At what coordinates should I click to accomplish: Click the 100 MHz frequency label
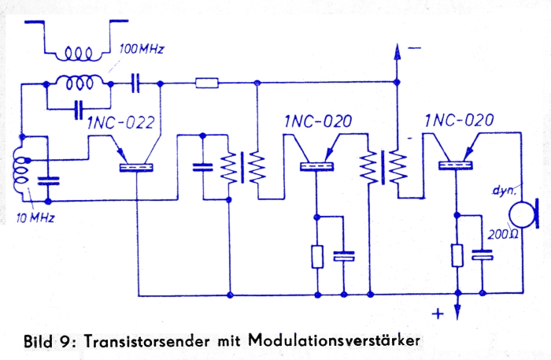point(142,49)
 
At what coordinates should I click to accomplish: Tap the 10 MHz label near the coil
point(35,218)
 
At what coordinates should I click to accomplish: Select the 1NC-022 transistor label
point(121,122)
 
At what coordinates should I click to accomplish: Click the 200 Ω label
point(503,235)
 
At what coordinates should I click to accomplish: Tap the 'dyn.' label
point(505,191)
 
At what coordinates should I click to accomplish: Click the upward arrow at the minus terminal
point(397,62)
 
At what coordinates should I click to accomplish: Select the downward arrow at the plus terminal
point(457,306)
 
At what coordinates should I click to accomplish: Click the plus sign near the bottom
point(438,314)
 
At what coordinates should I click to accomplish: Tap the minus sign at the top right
point(415,48)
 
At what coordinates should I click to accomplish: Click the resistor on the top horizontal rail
point(206,84)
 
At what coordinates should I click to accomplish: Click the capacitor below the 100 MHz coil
point(79,109)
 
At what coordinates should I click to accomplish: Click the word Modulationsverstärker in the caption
point(334,340)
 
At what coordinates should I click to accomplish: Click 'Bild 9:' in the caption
point(50,341)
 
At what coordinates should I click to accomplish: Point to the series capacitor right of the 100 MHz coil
point(135,84)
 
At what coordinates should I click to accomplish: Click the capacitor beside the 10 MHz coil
point(49,180)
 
